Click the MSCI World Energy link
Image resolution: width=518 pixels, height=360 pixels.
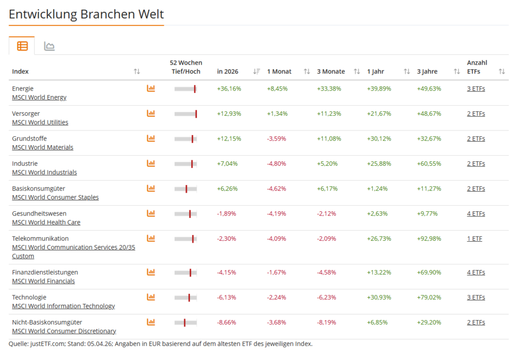39,97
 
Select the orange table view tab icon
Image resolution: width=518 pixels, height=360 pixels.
22,46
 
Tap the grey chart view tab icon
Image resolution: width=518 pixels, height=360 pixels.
49,47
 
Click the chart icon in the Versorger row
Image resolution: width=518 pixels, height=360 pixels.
151,113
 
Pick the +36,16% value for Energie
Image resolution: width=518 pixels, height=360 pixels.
229,88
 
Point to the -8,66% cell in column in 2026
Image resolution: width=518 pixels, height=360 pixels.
227,322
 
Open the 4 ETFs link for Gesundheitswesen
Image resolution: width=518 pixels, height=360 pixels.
476,213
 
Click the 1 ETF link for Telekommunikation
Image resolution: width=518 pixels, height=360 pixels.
474,238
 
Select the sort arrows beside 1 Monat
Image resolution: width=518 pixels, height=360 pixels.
307,72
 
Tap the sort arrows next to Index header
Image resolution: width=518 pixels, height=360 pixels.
137,72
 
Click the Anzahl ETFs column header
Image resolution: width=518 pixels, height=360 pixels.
477,67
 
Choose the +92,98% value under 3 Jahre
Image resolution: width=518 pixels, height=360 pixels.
429,238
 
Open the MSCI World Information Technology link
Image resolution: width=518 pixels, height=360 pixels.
63,306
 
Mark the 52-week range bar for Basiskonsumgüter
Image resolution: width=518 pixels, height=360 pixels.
186,189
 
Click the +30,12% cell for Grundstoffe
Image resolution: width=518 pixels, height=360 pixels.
379,139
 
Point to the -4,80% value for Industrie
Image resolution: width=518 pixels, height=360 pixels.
276,163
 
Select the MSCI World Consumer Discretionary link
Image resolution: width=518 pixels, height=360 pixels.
64,331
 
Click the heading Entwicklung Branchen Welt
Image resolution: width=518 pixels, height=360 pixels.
86,14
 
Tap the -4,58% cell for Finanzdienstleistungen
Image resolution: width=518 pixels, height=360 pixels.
326,272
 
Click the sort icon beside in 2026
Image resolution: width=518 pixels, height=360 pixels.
256,72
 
